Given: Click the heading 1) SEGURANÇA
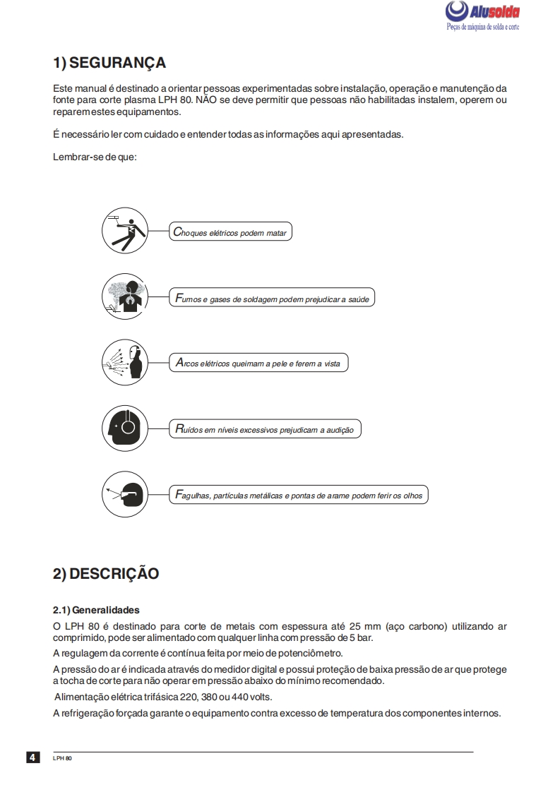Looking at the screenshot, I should point(109,63).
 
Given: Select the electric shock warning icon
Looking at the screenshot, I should point(126,232).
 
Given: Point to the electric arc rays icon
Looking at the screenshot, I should point(126,363).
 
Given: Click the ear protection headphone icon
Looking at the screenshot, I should point(126,428).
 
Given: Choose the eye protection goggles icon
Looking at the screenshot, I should point(126,494).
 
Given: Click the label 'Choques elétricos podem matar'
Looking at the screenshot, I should point(230,232).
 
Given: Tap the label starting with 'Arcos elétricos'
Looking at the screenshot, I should point(258,364).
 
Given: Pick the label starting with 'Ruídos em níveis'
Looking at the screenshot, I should point(264,429).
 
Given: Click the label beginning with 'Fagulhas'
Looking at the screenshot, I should point(298,495).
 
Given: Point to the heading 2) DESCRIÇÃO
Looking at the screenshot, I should point(106,574).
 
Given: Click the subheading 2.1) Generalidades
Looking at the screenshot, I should point(96,610).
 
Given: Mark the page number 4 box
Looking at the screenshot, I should point(33,757).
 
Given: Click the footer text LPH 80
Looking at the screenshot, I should point(62,758).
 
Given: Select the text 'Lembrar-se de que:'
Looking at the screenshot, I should point(95,157).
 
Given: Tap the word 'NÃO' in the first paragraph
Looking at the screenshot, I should point(206,100).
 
